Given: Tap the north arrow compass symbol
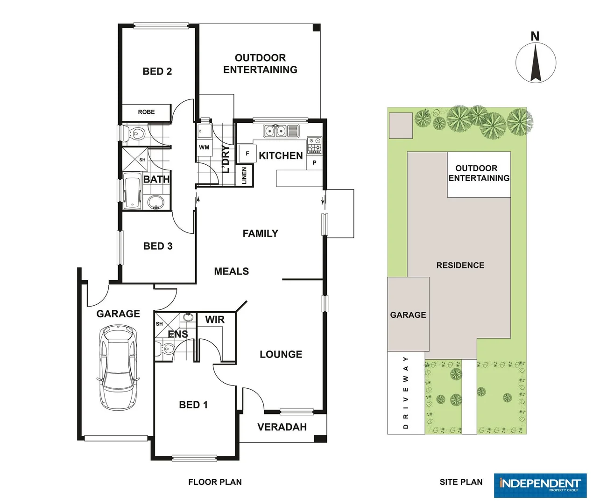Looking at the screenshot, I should click(536, 62).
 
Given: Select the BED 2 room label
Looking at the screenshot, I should click(157, 71).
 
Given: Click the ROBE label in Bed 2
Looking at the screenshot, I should click(146, 112).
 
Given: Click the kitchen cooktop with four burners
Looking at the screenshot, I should click(314, 145).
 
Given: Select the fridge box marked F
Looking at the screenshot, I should click(247, 154).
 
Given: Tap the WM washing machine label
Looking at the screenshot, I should click(204, 147).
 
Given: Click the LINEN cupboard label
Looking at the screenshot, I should click(244, 176).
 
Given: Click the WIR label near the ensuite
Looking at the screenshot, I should click(215, 320).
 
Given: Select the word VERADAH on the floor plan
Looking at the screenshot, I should click(282, 427).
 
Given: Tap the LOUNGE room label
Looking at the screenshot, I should click(281, 355).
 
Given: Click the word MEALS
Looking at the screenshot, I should click(231, 272).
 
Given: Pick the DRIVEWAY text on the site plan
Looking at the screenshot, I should click(406, 392).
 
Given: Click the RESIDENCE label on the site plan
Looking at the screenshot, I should click(460, 266).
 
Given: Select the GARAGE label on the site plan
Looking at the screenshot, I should click(408, 315).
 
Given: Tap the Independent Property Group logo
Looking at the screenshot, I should click(540, 485).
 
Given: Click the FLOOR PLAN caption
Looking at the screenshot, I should click(215, 482).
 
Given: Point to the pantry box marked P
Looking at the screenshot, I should click(314, 163).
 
